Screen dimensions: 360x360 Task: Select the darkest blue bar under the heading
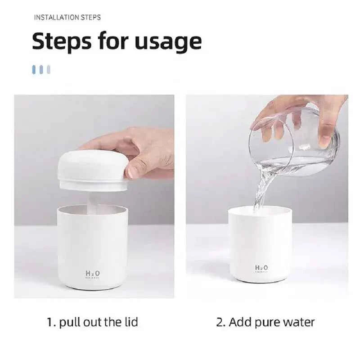(34, 70)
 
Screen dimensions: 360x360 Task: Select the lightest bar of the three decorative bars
(49, 70)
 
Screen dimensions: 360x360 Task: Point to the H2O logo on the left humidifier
(93, 273)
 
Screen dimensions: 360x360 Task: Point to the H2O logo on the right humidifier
(261, 268)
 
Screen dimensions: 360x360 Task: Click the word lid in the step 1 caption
(130, 322)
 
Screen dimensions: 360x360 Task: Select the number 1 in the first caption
(50, 322)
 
